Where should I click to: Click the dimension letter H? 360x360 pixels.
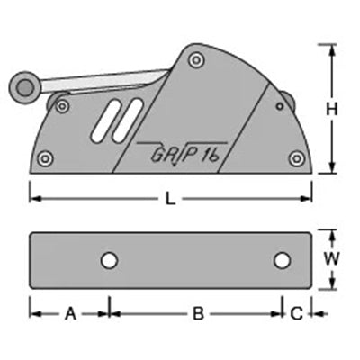pos(332,109)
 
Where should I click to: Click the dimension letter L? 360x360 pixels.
pos(170,199)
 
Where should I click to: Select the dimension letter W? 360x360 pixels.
pos(332,258)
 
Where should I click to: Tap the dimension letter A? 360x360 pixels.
pos(71,314)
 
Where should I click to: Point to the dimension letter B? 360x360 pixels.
pos(198,314)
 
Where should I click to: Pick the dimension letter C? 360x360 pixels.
pos(297,314)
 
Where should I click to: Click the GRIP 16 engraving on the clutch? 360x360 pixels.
pos(184,155)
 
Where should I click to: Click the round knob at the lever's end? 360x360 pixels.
pos(25,87)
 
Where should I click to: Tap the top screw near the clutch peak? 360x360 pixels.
pos(196,59)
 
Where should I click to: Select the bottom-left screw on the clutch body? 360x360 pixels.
pos(46,158)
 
